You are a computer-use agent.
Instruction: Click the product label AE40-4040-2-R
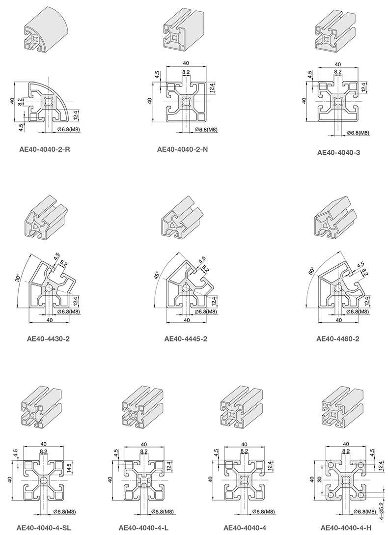click(x=45, y=149)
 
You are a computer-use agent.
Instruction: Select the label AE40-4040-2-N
click(x=182, y=149)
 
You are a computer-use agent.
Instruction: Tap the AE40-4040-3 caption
click(x=338, y=152)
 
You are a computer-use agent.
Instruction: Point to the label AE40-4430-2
click(x=48, y=339)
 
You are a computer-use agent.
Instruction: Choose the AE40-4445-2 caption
click(x=186, y=339)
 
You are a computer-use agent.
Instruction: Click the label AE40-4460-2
click(x=337, y=339)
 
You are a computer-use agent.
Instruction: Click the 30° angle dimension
click(x=18, y=278)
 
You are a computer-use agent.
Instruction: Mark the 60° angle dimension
click(x=310, y=272)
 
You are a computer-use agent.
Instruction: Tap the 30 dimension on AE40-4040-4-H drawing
click(x=319, y=479)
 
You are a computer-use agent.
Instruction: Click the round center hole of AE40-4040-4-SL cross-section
click(x=44, y=480)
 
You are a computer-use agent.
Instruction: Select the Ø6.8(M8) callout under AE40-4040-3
click(x=358, y=133)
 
